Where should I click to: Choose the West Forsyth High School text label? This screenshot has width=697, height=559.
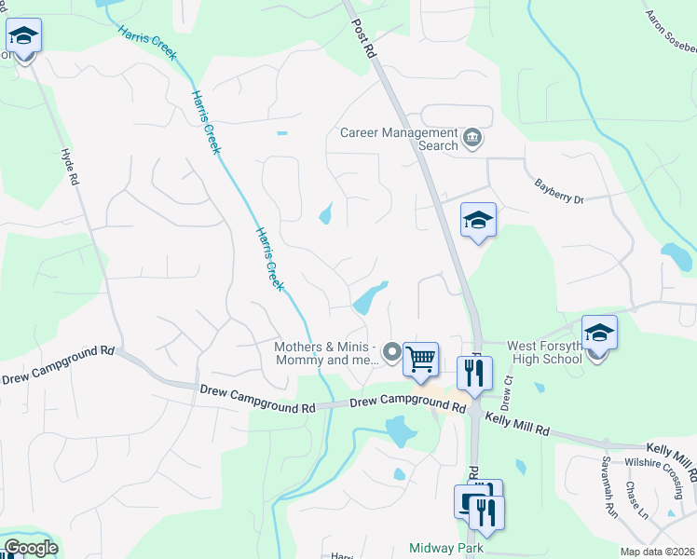[x=544, y=352]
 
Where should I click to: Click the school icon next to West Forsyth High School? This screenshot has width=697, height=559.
[x=599, y=333]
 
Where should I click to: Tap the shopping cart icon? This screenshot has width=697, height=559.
[x=421, y=359]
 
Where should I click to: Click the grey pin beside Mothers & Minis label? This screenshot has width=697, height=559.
[x=392, y=353]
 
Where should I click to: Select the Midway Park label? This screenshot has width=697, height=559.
[x=445, y=549]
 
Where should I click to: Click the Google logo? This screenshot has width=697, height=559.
[x=31, y=548]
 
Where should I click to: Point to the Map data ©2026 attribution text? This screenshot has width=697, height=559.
[x=657, y=552]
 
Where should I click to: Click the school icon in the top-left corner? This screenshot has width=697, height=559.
[x=22, y=38]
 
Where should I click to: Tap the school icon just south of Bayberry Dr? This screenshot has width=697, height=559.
[x=478, y=221]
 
